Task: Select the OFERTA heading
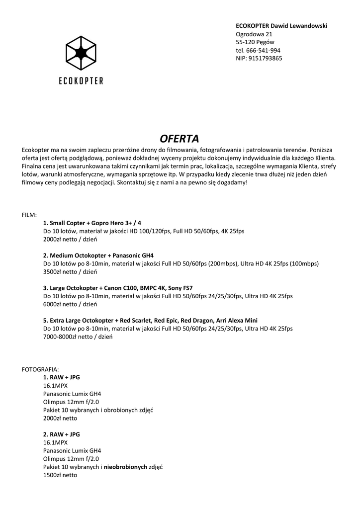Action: pos(180,138)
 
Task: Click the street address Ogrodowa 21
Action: pos(254,34)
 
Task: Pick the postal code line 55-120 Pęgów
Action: pos(255,42)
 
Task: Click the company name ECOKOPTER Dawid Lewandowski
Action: pos(281,26)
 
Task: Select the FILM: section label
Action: pos(29,215)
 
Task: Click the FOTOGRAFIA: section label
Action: pos(41,369)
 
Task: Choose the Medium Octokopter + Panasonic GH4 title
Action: pos(98,255)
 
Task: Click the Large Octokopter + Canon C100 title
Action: pos(118,288)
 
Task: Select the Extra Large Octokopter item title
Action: pos(150,320)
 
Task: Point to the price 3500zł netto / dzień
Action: pos(70,272)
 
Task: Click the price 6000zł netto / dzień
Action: pos(70,304)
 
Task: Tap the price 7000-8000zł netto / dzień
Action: pos(78,337)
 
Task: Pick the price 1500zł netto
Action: pos(60,475)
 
